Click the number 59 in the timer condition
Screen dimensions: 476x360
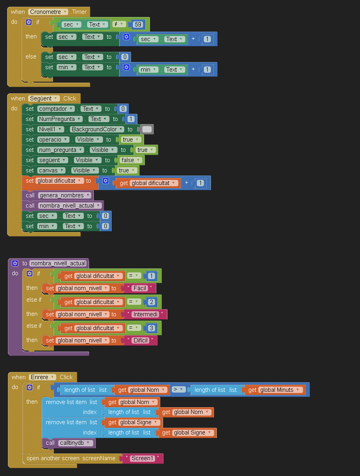138,25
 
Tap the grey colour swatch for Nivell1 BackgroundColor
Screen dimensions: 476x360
147,129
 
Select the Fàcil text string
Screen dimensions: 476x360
140,288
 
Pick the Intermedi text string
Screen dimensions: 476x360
145,314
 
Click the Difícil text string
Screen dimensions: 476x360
140,340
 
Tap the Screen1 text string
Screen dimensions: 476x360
142,459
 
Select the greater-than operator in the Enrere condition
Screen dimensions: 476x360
179,389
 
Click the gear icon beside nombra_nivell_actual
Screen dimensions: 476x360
15,263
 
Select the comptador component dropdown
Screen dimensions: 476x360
56,109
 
